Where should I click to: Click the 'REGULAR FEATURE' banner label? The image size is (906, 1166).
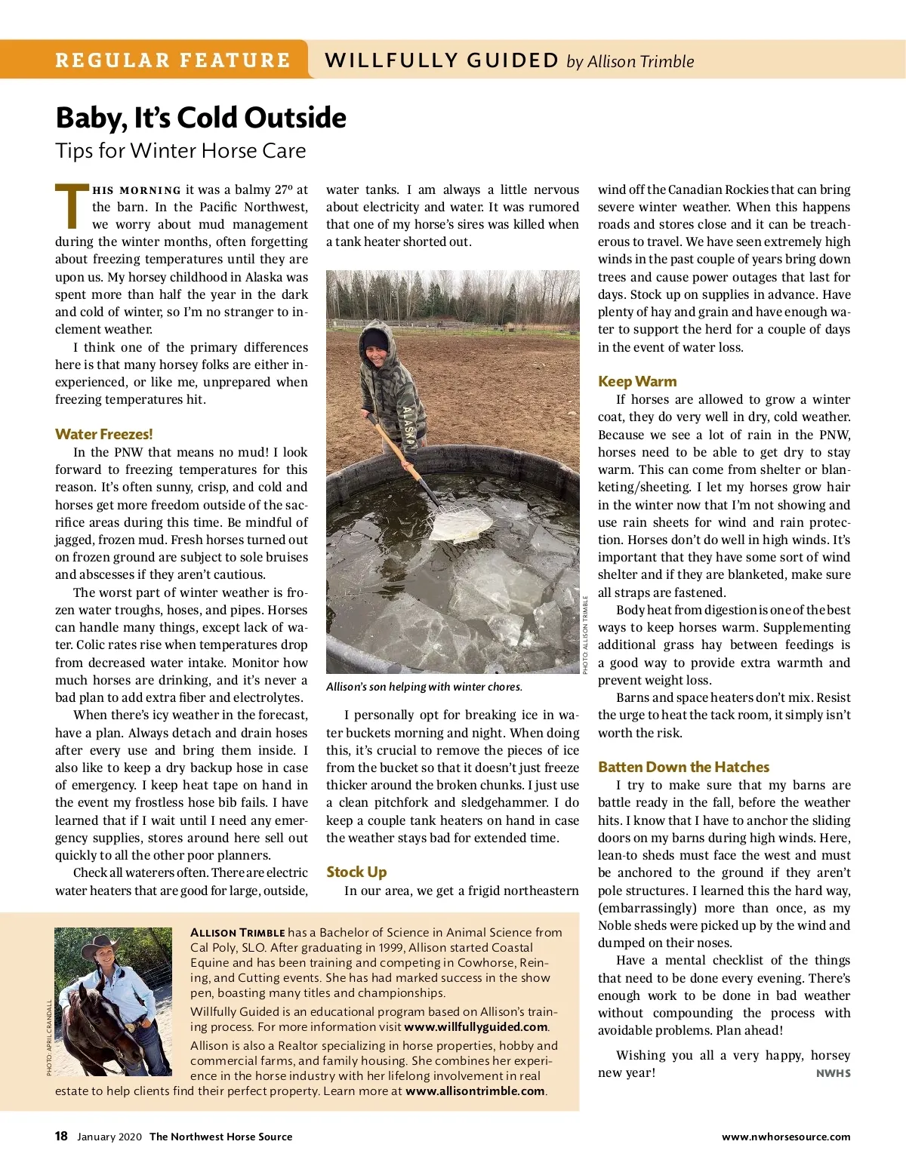(172, 60)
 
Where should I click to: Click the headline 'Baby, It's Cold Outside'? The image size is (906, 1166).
(201, 118)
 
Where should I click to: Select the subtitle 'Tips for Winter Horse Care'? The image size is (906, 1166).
(180, 151)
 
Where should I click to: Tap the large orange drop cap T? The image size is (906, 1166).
(71, 206)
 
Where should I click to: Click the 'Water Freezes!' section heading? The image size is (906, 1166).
(103, 434)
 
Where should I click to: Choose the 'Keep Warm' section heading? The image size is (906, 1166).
(637, 381)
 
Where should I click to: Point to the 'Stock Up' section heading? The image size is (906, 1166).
(356, 872)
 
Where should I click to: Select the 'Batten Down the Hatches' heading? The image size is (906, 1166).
(683, 767)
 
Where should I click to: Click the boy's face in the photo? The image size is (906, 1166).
(375, 343)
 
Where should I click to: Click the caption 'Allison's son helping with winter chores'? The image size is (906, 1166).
(424, 687)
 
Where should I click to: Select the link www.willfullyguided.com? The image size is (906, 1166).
(476, 1026)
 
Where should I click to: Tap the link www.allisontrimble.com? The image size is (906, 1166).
(475, 1091)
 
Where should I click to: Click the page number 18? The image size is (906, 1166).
(61, 1136)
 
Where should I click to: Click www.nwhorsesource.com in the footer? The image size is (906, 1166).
(785, 1137)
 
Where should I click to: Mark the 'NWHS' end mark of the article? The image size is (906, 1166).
(833, 1073)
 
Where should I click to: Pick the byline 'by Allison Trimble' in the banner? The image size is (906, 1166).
(630, 61)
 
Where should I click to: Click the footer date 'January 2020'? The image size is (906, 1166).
(109, 1137)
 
